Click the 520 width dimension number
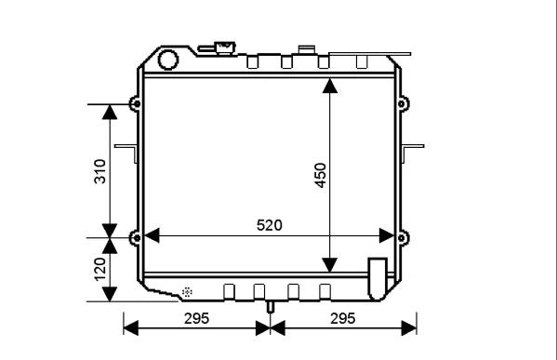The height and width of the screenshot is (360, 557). [x=270, y=225]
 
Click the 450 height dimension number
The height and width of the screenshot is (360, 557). [x=321, y=175]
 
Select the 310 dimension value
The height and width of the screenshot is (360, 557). [x=99, y=172]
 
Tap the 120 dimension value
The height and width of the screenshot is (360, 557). [x=99, y=270]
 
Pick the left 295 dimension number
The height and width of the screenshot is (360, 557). [x=196, y=318]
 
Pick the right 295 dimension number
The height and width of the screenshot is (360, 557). [x=343, y=318]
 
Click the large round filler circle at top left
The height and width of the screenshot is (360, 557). [x=167, y=60]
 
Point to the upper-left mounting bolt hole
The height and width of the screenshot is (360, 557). [x=137, y=104]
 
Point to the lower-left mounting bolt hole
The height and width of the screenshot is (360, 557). [x=137, y=238]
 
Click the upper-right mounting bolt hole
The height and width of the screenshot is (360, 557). [x=402, y=104]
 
